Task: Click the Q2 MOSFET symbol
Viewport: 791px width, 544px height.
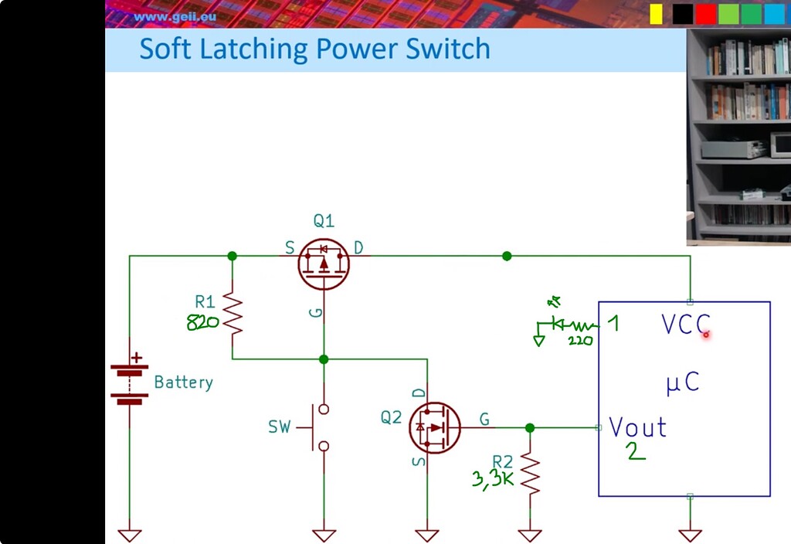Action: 435,427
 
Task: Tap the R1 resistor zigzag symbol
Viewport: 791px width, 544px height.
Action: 233,313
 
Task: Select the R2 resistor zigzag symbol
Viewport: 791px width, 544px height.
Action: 530,473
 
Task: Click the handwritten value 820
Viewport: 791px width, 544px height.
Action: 203,322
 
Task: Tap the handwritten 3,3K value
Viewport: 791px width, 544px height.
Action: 493,479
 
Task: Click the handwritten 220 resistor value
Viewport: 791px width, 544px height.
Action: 579,340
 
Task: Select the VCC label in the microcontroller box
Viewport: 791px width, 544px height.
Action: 685,325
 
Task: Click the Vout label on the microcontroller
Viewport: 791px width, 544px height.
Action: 638,427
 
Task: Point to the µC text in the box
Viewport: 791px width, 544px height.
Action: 683,382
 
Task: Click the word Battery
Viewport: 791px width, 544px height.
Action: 183,382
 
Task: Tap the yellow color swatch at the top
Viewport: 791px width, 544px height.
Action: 656,14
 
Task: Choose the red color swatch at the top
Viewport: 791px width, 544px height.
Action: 705,14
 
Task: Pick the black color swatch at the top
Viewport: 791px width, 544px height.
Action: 682,14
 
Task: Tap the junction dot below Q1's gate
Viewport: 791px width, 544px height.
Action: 324,359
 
